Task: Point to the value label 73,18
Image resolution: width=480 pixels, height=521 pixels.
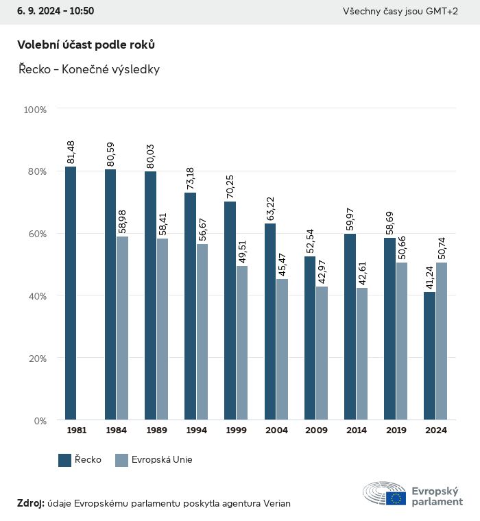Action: click(x=191, y=178)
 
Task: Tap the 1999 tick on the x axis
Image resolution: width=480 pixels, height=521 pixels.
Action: click(x=236, y=431)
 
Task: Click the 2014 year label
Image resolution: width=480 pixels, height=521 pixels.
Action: click(x=356, y=431)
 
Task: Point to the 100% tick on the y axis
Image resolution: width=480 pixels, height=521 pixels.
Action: click(x=35, y=109)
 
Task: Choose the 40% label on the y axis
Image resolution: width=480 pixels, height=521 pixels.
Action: click(x=36, y=296)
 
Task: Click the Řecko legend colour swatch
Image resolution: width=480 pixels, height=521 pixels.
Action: click(x=65, y=460)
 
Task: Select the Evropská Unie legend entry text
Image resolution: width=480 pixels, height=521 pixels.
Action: click(x=163, y=460)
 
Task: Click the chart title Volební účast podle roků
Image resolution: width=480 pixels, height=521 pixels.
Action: click(x=86, y=45)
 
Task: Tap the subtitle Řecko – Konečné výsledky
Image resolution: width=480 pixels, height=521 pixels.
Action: click(x=88, y=70)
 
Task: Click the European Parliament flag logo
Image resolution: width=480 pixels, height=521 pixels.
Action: click(x=396, y=498)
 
